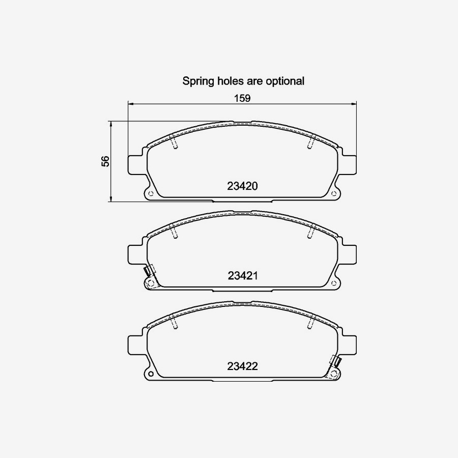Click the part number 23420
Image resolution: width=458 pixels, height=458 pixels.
(243, 186)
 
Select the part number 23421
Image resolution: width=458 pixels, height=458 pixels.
(243, 276)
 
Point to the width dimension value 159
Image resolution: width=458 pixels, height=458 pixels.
(243, 98)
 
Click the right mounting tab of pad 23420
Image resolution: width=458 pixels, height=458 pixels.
(350, 164)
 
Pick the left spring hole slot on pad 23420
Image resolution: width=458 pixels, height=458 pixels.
(174, 144)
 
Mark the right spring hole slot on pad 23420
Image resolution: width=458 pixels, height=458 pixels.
(310, 144)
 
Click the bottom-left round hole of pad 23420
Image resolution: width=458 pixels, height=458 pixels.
(150, 194)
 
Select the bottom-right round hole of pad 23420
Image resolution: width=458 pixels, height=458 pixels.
(334, 194)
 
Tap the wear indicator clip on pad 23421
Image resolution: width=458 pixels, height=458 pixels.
(149, 271)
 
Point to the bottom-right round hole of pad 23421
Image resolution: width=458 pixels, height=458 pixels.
(334, 283)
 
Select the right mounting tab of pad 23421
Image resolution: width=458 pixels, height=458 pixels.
(350, 254)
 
